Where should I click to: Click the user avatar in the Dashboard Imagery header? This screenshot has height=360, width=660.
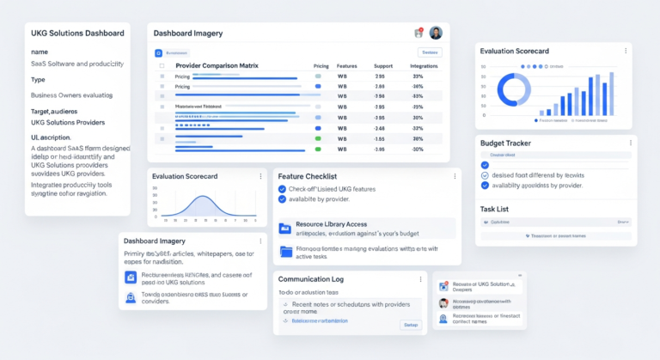(436, 33)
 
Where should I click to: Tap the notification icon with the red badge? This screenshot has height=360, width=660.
(419, 33)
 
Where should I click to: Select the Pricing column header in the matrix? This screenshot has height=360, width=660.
(321, 65)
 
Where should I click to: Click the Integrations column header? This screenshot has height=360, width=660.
(425, 65)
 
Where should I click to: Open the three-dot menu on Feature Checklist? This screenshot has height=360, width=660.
(455, 176)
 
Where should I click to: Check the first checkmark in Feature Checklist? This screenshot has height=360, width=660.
(282, 188)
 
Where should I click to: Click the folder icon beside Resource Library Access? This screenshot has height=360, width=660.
(285, 228)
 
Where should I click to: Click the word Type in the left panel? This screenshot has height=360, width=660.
(38, 79)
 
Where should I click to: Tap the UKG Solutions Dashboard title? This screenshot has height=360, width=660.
(77, 34)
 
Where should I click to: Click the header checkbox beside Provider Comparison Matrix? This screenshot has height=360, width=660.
(161, 65)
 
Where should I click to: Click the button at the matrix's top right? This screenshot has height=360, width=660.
(430, 52)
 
